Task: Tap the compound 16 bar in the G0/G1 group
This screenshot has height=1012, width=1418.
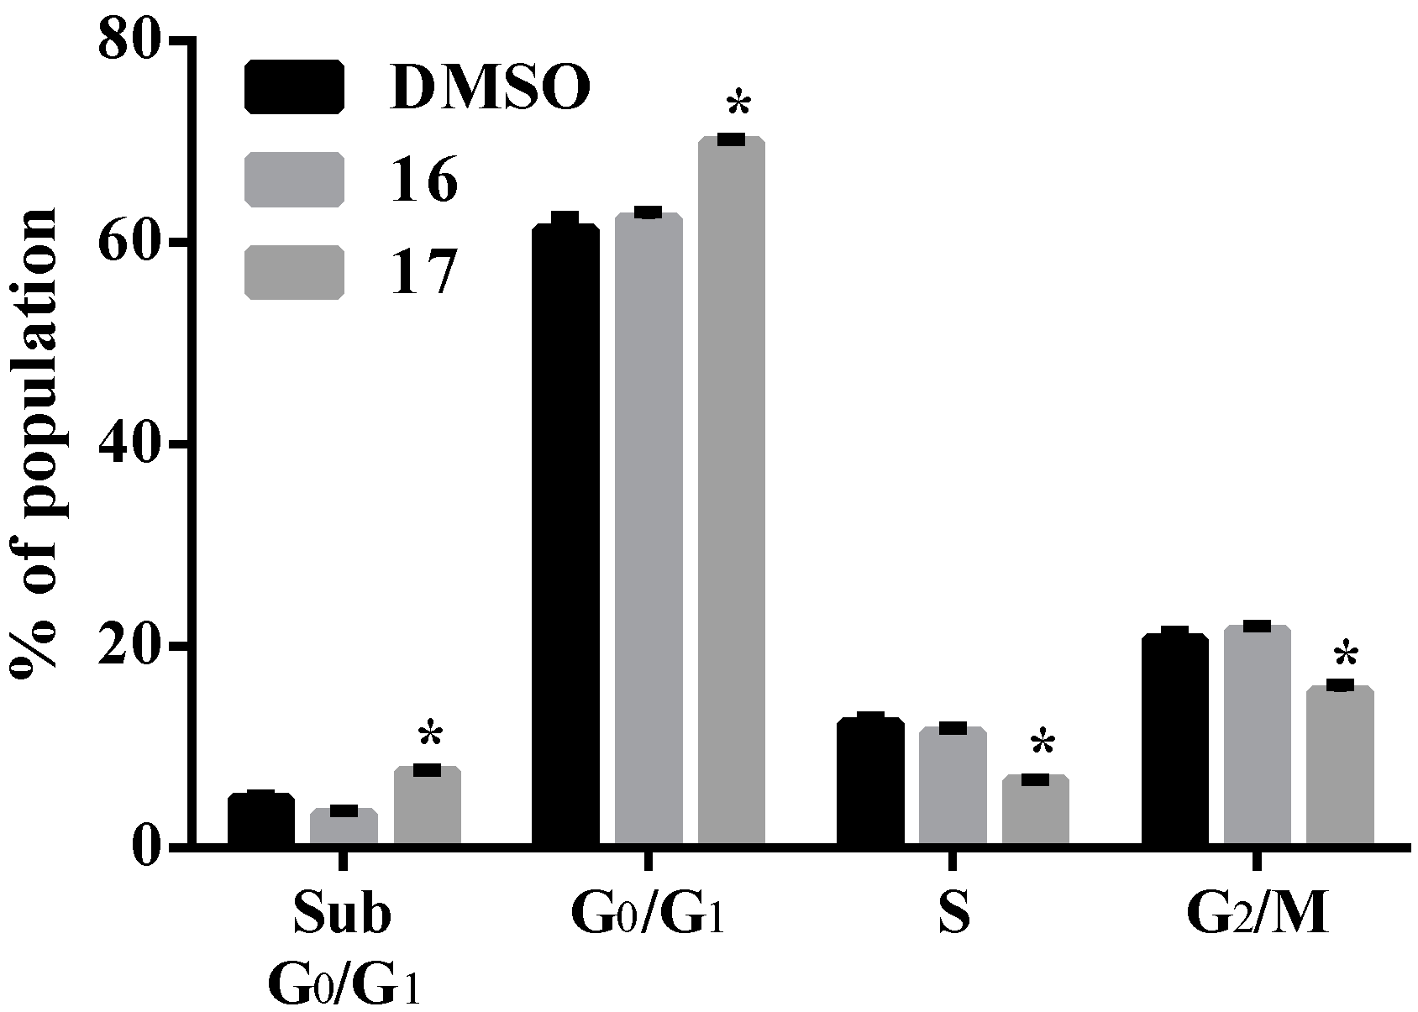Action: (x=648, y=529)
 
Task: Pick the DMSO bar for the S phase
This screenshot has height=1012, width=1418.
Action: (x=870, y=781)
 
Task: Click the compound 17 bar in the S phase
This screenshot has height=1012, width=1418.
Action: (x=1035, y=810)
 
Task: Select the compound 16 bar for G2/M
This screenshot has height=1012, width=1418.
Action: (x=1257, y=735)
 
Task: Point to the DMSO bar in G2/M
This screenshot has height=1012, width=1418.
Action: (x=1174, y=739)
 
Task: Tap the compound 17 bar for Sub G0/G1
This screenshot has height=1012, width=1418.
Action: (x=428, y=806)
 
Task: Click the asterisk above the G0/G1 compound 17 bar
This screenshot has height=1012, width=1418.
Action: (x=738, y=106)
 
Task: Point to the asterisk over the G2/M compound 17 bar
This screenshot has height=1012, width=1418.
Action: (x=1347, y=654)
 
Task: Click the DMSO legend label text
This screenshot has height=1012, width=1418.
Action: (x=490, y=87)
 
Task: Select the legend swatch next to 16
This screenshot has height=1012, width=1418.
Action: (x=294, y=180)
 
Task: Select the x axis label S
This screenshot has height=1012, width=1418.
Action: (x=953, y=915)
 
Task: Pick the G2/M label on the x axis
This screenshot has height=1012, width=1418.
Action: (x=1258, y=915)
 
